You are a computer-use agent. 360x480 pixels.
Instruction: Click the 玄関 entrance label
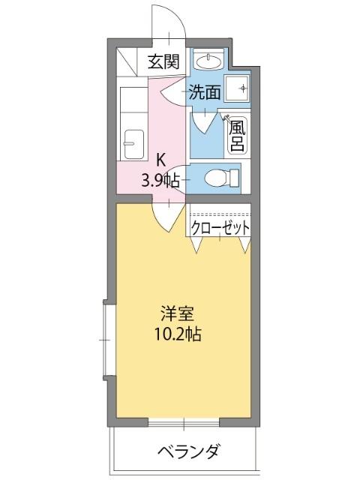point(163,62)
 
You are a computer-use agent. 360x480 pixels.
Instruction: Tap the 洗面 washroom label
point(204,93)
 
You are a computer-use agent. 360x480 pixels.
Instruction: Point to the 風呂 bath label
point(236,136)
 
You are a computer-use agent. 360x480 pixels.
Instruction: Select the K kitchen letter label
point(160,159)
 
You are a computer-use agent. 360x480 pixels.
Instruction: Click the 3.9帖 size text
point(160,180)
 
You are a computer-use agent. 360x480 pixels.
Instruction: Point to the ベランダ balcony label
point(188,451)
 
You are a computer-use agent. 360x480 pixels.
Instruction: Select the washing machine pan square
point(242,89)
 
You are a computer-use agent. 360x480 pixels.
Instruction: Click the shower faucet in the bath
point(227,118)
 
